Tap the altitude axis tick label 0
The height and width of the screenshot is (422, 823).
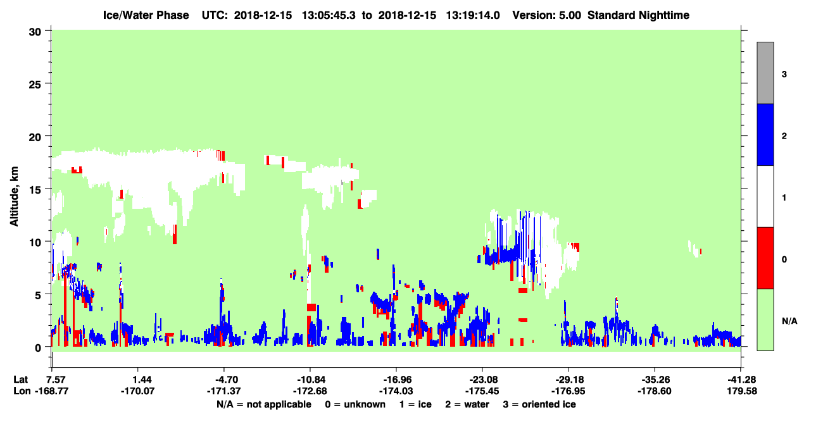[38, 348]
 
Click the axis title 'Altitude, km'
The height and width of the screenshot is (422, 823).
[14, 197]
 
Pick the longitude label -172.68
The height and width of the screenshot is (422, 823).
[310, 391]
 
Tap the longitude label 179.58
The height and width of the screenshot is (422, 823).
[742, 391]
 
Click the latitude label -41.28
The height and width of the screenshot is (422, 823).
[741, 380]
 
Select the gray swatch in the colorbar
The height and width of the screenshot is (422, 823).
[765, 73]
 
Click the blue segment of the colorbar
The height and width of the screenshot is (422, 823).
[765, 134]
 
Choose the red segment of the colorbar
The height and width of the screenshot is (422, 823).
[765, 258]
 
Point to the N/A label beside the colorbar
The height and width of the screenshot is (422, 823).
[789, 321]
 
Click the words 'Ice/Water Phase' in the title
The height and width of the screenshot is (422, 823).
[146, 15]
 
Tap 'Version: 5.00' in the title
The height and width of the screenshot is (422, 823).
[547, 15]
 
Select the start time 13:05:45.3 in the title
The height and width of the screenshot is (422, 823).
[329, 15]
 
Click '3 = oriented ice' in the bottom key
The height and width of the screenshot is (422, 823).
[539, 404]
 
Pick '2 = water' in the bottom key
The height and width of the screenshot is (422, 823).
[467, 404]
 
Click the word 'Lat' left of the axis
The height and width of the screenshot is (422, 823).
[20, 380]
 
